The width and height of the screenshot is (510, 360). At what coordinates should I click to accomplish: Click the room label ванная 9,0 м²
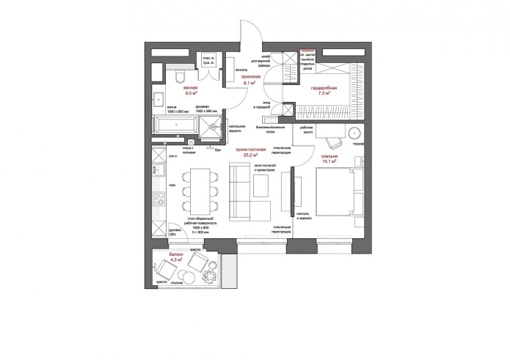pos(191,91)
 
